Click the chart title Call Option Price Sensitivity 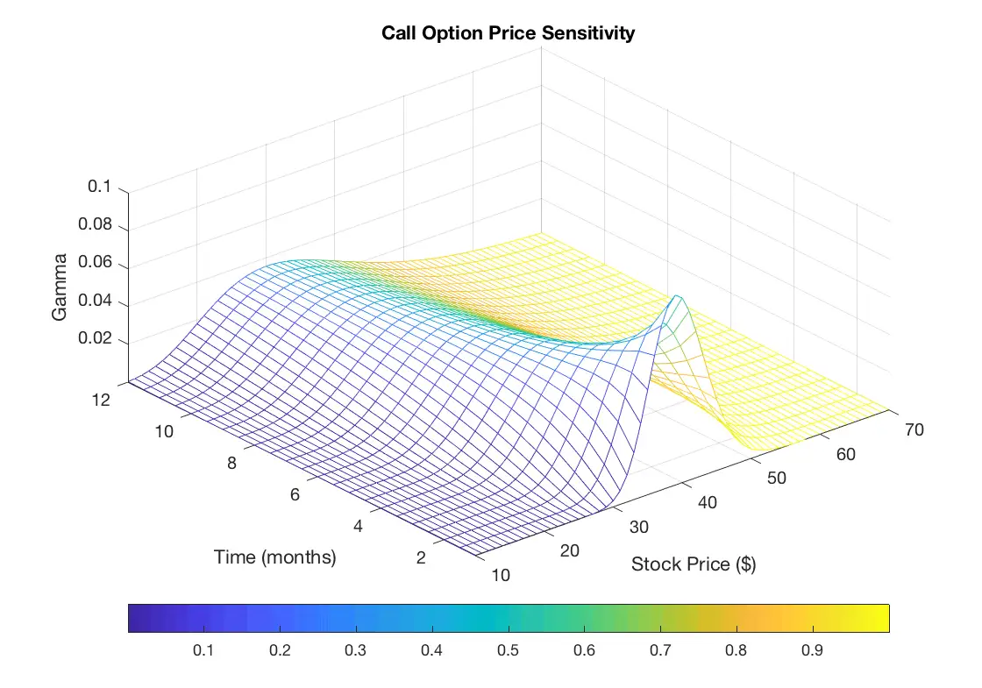pyautogui.click(x=508, y=34)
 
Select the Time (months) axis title pyautogui.click(x=274, y=557)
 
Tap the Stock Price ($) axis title pyautogui.click(x=694, y=564)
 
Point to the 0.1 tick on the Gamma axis pyautogui.click(x=100, y=187)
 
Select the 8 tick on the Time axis pyautogui.click(x=231, y=464)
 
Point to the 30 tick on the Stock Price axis pyautogui.click(x=640, y=526)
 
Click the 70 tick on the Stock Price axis pyautogui.click(x=912, y=430)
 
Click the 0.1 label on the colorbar pyautogui.click(x=204, y=651)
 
